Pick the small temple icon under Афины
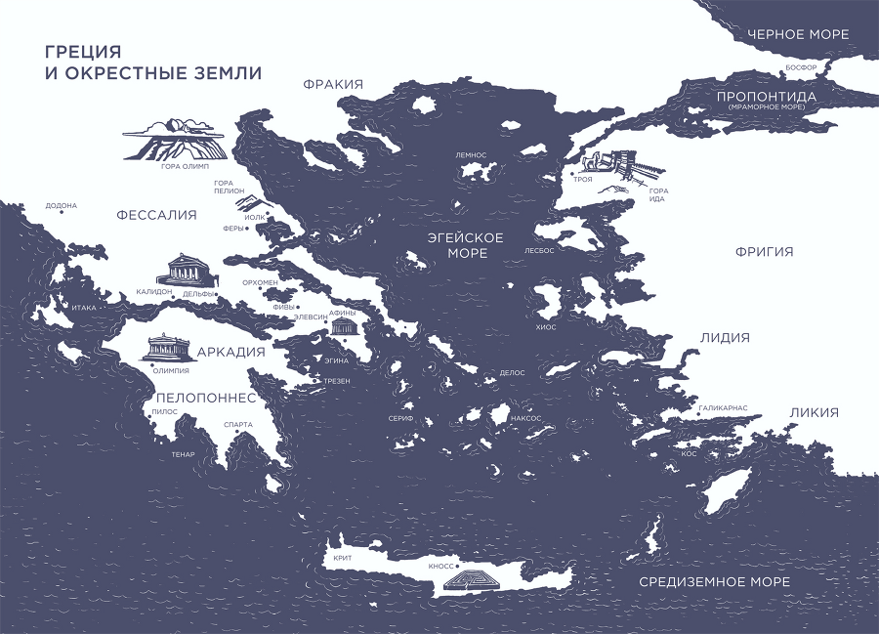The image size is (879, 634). click(345, 327)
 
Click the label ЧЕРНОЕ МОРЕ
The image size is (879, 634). click(798, 34)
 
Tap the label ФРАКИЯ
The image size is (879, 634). click(333, 85)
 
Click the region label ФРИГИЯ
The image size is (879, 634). click(764, 252)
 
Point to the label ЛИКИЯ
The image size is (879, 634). click(814, 412)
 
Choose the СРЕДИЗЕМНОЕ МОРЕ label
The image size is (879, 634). click(714, 582)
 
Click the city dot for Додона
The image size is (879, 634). click(62, 214)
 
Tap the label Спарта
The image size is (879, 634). click(238, 424)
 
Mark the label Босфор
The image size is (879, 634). click(808, 67)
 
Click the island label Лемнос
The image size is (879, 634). click(471, 155)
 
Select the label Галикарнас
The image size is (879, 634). click(723, 406)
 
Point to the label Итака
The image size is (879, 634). click(85, 308)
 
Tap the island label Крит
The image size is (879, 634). click(342, 558)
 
